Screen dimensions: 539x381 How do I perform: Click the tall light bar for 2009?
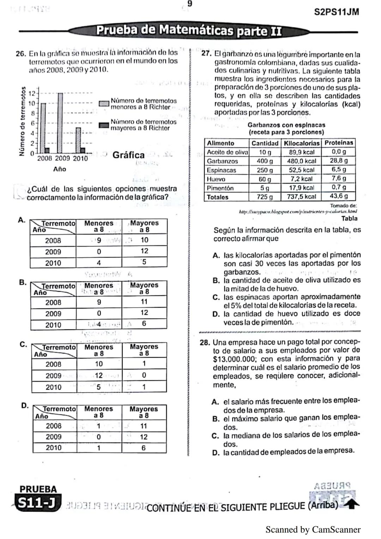pyautogui.click(x=60, y=123)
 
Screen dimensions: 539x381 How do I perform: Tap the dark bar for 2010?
pyautogui.click(x=83, y=150)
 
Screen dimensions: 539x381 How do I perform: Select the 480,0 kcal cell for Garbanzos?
pyautogui.click(x=302, y=161)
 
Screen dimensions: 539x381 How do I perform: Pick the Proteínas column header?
pyautogui.click(x=339, y=143)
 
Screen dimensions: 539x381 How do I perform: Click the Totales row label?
pyautogui.click(x=218, y=197)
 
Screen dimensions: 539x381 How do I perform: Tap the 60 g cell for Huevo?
pyautogui.click(x=265, y=179)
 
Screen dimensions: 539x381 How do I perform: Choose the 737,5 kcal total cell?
pyautogui.click(x=302, y=197)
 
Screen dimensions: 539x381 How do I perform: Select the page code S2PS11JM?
pyautogui.click(x=337, y=12)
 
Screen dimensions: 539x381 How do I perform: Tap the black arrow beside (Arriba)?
pyautogui.click(x=351, y=505)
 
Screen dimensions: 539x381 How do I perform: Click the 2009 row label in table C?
pyautogui.click(x=54, y=376)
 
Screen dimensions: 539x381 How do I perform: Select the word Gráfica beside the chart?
pyautogui.click(x=128, y=155)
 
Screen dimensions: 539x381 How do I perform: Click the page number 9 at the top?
pyautogui.click(x=190, y=4)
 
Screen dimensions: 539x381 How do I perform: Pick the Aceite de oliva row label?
pyautogui.click(x=227, y=152)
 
